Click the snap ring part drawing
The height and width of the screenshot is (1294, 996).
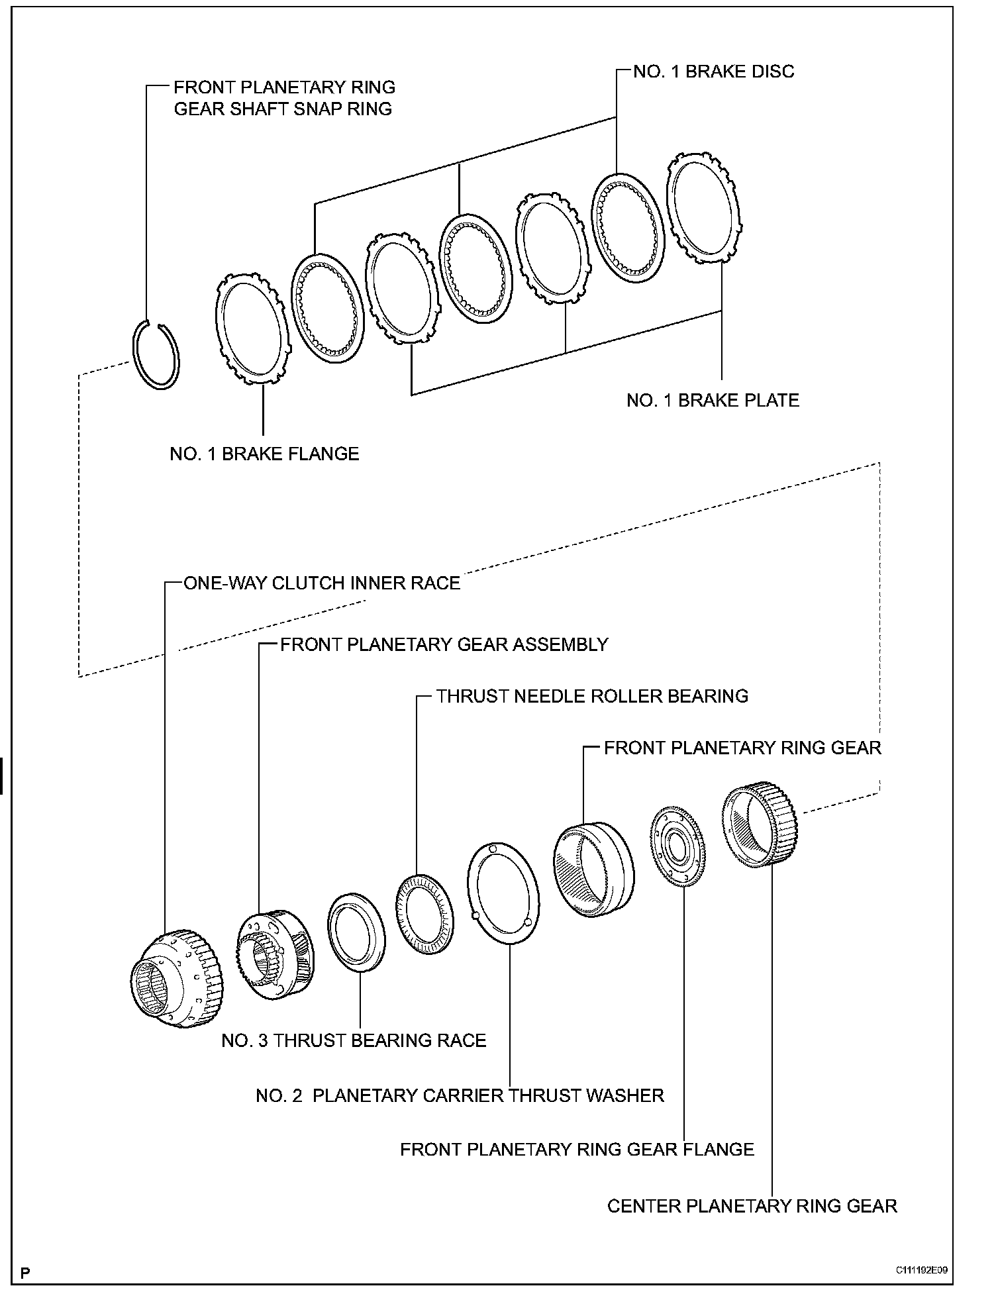(x=156, y=354)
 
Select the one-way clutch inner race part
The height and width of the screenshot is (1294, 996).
(x=175, y=977)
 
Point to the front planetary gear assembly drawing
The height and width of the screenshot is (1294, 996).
(x=275, y=954)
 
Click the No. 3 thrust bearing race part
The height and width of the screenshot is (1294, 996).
(x=356, y=932)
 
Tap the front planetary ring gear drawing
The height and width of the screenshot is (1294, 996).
(x=593, y=869)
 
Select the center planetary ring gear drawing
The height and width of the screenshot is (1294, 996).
(x=760, y=823)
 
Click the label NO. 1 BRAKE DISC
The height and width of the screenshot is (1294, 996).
(x=713, y=72)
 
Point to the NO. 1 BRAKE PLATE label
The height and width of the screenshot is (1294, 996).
(x=713, y=400)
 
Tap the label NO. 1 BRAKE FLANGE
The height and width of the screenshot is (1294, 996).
(x=264, y=454)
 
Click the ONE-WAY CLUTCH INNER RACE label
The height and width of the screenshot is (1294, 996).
(x=321, y=583)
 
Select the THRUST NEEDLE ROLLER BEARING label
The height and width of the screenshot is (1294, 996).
(x=591, y=696)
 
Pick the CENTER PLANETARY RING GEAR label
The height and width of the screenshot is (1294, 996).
(x=752, y=1205)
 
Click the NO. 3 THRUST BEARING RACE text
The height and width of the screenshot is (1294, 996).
(x=354, y=1040)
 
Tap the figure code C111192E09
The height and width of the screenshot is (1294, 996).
(x=922, y=1269)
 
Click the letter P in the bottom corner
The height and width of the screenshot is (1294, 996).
(x=26, y=1273)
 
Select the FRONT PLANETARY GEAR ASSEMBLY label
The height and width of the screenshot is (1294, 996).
(x=444, y=644)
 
